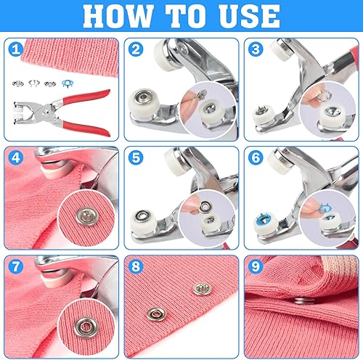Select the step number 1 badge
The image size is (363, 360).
[16, 49]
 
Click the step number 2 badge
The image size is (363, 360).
[136, 49]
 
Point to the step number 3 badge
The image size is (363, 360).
[256, 49]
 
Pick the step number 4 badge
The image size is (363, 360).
[16, 157]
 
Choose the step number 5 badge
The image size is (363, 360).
[136, 157]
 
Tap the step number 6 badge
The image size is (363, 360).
[256, 157]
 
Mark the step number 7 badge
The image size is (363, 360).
[16, 266]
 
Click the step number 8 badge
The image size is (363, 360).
[136, 266]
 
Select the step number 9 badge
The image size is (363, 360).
[256, 266]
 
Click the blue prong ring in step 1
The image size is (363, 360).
[68, 83]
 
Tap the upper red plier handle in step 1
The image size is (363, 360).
[86, 97]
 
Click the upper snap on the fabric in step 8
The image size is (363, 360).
[203, 289]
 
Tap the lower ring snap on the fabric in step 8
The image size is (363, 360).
[157, 314]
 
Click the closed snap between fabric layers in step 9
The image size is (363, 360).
[305, 301]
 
